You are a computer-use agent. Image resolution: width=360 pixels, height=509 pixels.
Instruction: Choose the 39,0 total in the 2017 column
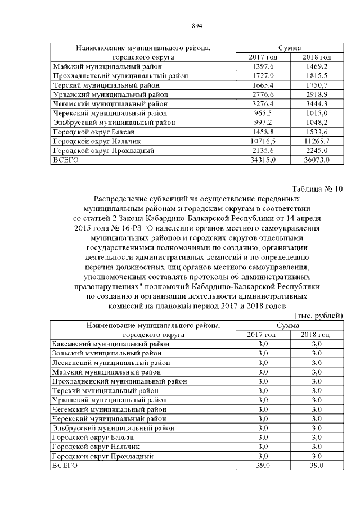click(x=263, y=466)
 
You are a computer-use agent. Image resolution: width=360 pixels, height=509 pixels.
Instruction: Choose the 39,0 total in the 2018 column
click(x=316, y=466)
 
